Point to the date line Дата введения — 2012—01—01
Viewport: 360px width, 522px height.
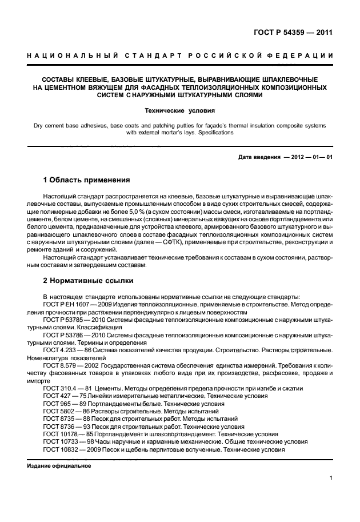tap(285, 157)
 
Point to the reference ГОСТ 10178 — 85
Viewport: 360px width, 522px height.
tap(67, 433)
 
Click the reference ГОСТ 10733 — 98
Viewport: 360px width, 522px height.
tap(67, 441)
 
